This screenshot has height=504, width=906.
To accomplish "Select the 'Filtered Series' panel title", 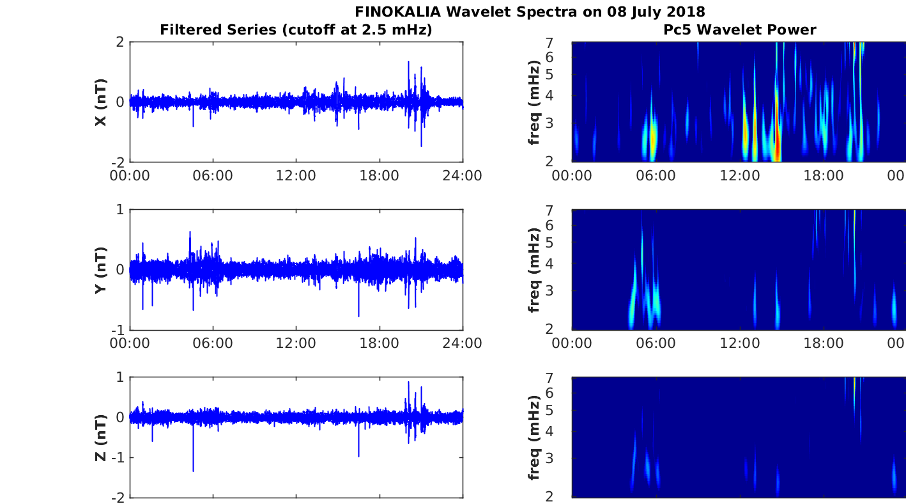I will pyautogui.click(x=296, y=29).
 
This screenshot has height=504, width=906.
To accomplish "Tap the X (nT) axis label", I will pyautogui.click(x=101, y=102).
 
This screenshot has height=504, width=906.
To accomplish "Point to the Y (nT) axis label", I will pyautogui.click(x=101, y=270).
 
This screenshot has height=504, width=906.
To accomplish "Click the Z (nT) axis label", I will pyautogui.click(x=101, y=437).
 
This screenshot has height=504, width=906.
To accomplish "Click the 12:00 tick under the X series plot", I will pyautogui.click(x=296, y=175).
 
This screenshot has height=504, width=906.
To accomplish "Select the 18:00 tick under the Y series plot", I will pyautogui.click(x=380, y=343).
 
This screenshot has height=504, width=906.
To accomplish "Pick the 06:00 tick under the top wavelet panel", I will pyautogui.click(x=656, y=175).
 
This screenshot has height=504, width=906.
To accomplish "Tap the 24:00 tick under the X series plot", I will pyautogui.click(x=462, y=175).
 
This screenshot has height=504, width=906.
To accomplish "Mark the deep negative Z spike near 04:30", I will pyautogui.click(x=193, y=469).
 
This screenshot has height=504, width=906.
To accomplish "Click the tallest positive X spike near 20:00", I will pyautogui.click(x=408, y=63).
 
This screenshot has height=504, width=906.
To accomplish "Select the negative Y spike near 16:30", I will pyautogui.click(x=358, y=314).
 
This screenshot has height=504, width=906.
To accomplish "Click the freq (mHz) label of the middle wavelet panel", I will pyautogui.click(x=535, y=270).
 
